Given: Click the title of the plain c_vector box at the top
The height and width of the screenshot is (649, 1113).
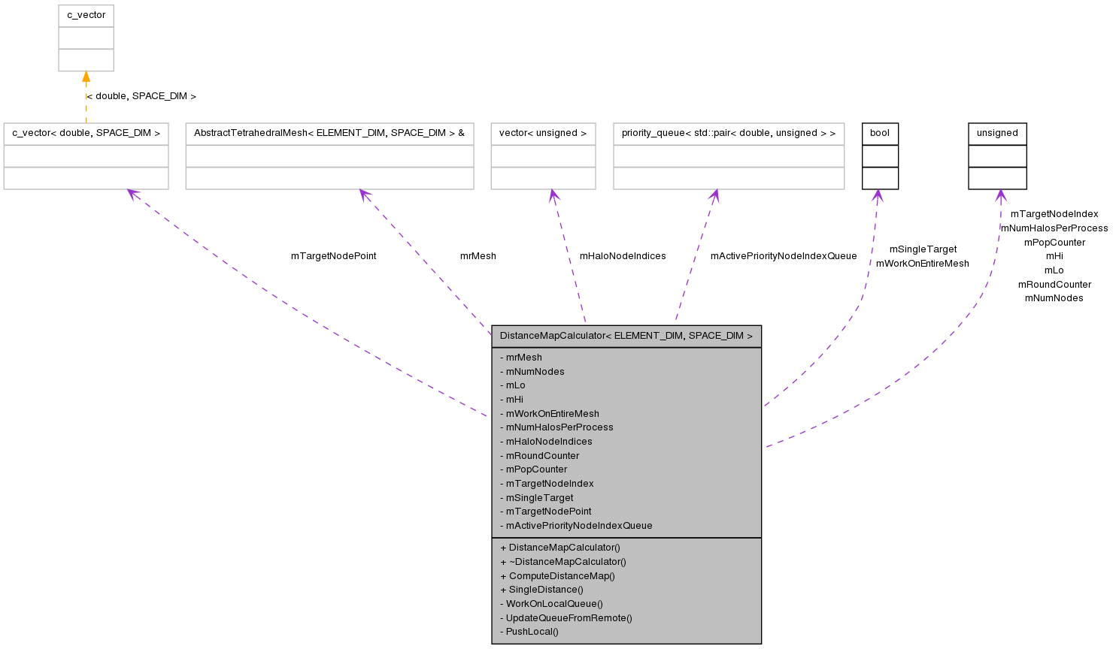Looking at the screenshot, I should tap(86, 15).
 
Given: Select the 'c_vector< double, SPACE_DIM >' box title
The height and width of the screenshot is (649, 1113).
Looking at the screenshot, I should tap(86, 133).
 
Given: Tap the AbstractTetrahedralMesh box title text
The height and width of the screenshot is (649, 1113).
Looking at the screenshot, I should tap(329, 133).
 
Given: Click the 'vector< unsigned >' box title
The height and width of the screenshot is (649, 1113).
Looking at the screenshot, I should tap(543, 133).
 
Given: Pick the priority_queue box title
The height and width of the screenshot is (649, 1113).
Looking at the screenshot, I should tap(728, 133).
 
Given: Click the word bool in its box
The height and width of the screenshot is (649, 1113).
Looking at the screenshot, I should tap(879, 133).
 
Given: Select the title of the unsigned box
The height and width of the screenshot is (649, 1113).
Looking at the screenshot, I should tap(997, 133).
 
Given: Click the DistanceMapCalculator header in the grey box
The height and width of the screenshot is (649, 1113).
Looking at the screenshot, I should tap(626, 336).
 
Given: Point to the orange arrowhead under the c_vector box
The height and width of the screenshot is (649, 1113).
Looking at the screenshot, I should tap(86, 77).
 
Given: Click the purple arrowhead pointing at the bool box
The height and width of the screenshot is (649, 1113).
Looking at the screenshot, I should tap(877, 196).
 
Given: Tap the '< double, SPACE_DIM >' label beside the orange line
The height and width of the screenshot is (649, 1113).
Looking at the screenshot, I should tap(141, 96).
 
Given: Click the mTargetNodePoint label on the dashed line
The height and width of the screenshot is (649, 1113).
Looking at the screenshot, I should tap(333, 256).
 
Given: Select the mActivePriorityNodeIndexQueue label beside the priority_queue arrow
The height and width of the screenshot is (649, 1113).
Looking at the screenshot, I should tap(783, 256).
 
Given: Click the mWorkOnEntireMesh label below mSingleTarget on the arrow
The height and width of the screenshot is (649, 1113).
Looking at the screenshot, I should tap(922, 264).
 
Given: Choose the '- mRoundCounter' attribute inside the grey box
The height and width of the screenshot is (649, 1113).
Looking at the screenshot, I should tap(539, 456).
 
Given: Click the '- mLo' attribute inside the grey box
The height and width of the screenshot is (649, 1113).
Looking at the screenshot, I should tap(512, 385).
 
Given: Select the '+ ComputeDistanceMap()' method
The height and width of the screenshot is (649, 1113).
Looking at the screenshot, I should tap(557, 576).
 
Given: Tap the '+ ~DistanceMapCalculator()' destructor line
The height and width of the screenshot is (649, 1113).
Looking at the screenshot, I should tap(563, 562).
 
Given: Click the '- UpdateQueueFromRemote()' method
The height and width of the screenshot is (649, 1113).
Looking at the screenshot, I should tap(566, 618).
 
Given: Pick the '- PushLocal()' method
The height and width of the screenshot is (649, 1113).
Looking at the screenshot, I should tap(529, 632).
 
